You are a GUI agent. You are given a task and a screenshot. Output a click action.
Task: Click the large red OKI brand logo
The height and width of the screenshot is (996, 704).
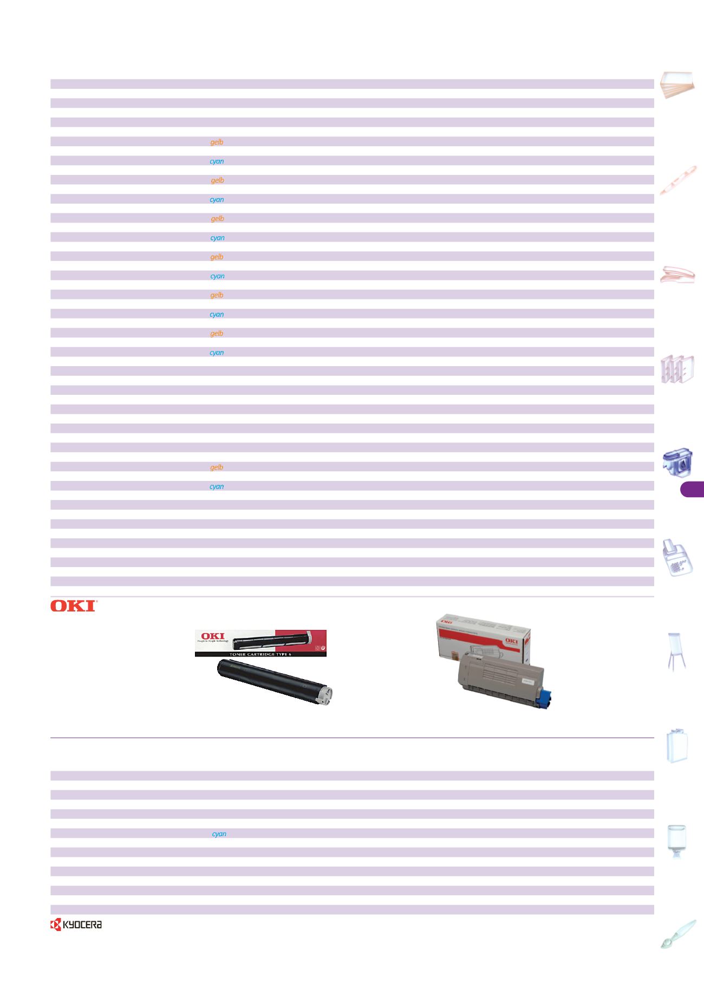click(73, 606)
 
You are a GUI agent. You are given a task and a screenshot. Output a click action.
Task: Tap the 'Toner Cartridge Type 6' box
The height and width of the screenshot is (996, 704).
click(260, 643)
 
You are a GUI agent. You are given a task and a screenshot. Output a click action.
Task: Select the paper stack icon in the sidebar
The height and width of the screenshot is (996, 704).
click(677, 84)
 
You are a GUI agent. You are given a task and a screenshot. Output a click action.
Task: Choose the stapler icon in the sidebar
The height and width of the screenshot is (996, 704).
click(677, 275)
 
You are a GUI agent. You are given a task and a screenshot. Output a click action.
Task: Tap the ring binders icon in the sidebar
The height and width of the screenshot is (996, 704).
click(677, 368)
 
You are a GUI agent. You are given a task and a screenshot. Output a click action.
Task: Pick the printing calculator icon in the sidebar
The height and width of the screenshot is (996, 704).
click(677, 557)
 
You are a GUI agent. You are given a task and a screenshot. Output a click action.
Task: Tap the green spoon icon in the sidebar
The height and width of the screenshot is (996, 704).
click(677, 934)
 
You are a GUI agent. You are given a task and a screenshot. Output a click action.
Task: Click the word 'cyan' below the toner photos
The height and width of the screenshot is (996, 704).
click(219, 834)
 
